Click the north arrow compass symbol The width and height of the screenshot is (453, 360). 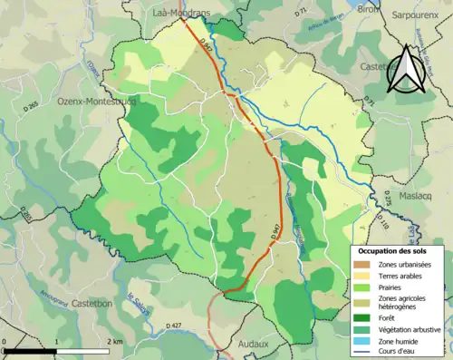point(405,71)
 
